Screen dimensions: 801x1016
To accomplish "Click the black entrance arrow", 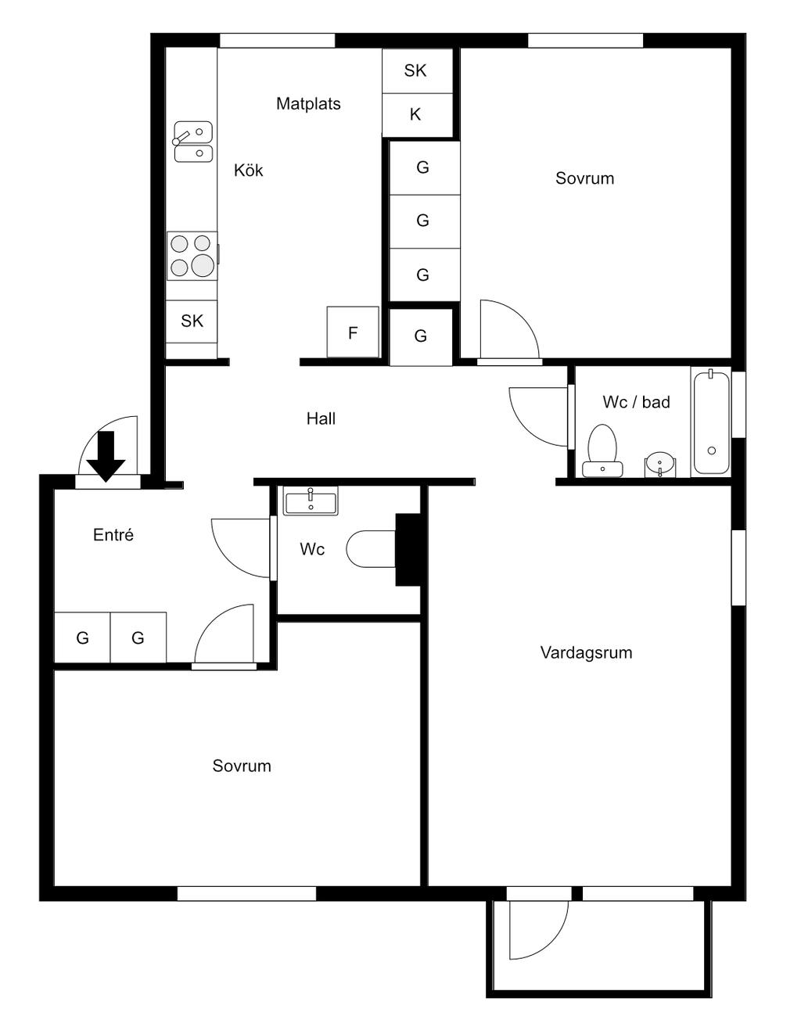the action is pyautogui.click(x=106, y=455).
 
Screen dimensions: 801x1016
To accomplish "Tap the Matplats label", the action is pyautogui.click(x=308, y=104).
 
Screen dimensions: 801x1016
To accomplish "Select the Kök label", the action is pyautogui.click(x=249, y=170).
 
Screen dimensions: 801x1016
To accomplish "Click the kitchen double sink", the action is pyautogui.click(x=193, y=142).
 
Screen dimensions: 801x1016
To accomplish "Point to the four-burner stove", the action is pyautogui.click(x=192, y=256).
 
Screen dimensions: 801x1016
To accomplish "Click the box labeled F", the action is pyautogui.click(x=353, y=332).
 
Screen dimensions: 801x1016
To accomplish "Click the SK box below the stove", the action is pyautogui.click(x=192, y=321).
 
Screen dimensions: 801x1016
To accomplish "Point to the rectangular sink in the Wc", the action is pyautogui.click(x=311, y=501).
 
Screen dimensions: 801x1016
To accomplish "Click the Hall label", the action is pyautogui.click(x=321, y=418).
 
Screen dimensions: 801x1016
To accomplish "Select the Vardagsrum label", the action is pyautogui.click(x=586, y=653).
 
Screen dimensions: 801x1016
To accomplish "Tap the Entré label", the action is pyautogui.click(x=113, y=535).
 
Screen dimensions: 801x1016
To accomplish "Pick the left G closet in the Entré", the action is pyautogui.click(x=82, y=637).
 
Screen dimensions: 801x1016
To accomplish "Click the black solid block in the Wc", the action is pyautogui.click(x=408, y=550).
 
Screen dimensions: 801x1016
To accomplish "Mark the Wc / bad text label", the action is pyautogui.click(x=636, y=402).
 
